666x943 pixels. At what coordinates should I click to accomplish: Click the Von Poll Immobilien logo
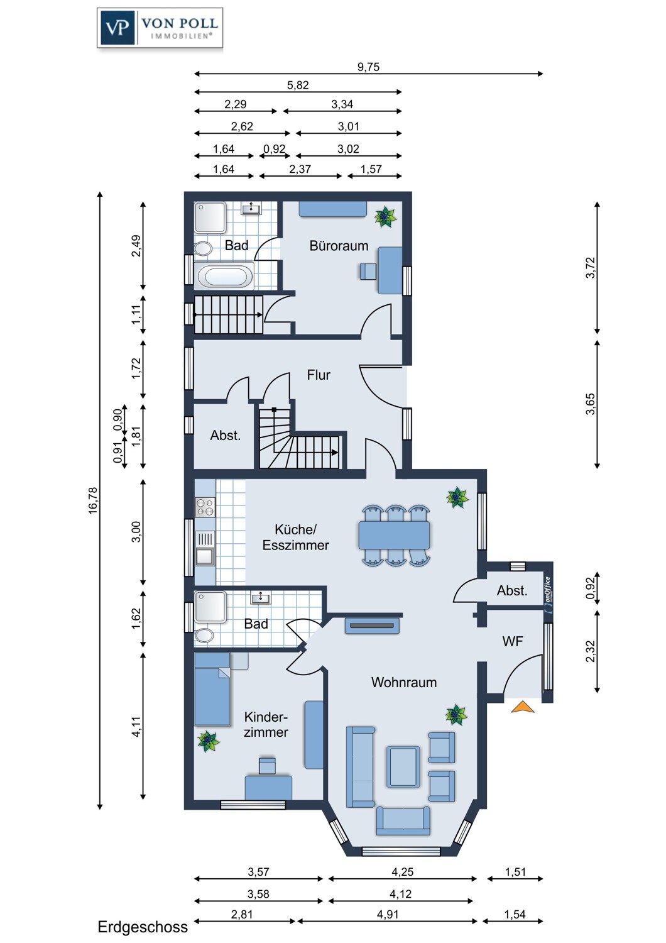160,28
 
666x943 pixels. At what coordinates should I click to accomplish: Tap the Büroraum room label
339,246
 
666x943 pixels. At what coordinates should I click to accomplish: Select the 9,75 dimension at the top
369,67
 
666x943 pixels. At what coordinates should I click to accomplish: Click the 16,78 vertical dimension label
93,500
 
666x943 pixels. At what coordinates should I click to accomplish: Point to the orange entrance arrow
523,707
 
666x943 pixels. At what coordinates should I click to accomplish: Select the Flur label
319,375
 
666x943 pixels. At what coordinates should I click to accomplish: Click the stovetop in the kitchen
205,507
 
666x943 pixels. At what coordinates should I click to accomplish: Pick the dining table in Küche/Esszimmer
394,534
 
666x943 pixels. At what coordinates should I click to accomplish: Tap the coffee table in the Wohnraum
403,766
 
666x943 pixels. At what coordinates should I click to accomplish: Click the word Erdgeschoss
143,927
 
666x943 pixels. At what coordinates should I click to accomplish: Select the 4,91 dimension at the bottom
388,914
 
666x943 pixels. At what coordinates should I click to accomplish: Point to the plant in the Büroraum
385,217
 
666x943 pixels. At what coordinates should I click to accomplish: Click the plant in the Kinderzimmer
209,741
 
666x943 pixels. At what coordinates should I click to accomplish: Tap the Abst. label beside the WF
511,591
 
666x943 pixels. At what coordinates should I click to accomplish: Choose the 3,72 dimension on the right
591,268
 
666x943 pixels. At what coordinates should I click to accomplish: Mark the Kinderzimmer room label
266,724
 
